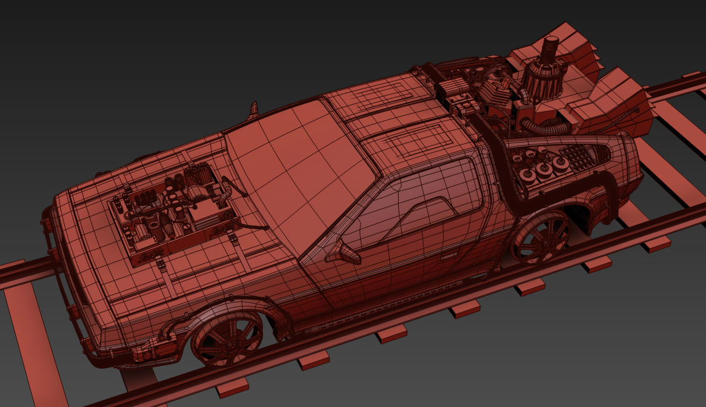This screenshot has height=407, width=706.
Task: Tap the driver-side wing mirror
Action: tap(341, 252)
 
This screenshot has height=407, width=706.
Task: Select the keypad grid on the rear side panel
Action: tap(576, 159)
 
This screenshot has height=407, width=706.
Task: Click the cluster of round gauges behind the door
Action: tap(539, 167)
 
